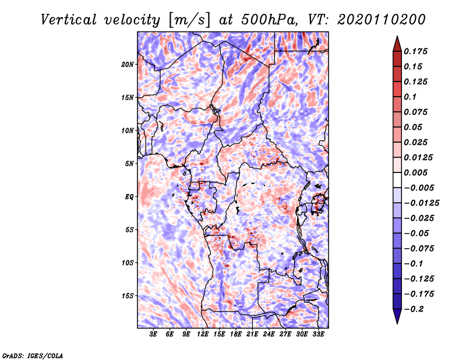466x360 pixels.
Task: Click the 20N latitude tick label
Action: (x=128, y=64)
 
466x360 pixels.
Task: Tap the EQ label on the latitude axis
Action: (x=129, y=197)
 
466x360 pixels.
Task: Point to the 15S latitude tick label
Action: (x=128, y=296)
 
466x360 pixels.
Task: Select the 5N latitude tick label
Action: (x=129, y=164)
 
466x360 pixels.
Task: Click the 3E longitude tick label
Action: (x=154, y=334)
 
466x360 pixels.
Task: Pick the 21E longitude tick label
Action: (x=252, y=334)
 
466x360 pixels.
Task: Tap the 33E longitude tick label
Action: (x=318, y=334)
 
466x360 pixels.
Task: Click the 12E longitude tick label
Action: (x=203, y=334)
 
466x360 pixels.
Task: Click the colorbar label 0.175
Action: (x=418, y=51)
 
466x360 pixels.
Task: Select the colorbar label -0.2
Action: (x=416, y=309)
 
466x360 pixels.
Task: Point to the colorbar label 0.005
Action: (x=418, y=172)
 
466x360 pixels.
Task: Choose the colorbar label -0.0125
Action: (x=423, y=203)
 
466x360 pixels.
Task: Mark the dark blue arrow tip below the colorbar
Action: (x=396, y=318)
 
